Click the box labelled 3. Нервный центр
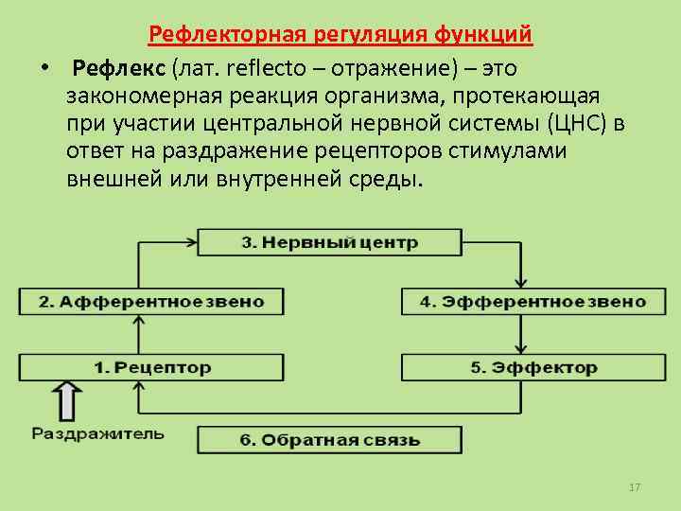pos(329,242)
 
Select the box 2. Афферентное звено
pos(151,302)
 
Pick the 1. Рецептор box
pos(151,367)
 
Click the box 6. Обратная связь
pos(329,440)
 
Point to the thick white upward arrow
pos(66,399)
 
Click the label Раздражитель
pos(97,434)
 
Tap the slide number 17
pos(635,487)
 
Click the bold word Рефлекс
pos(118,69)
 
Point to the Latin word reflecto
pos(259,69)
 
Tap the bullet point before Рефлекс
pos(44,70)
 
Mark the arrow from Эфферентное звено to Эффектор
pos(520,334)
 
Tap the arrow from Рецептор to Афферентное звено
pos(139,334)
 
